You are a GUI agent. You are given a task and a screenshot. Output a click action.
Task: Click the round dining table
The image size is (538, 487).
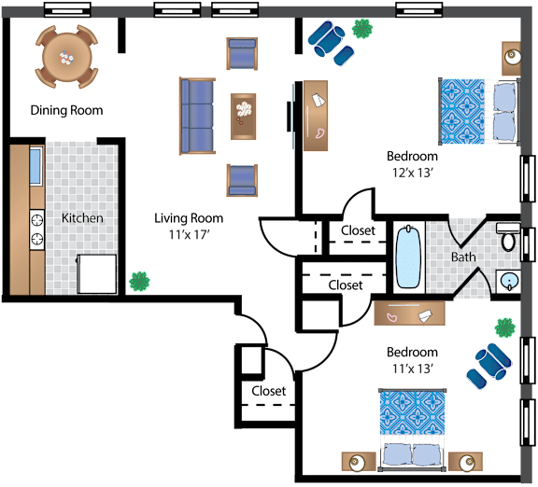67,57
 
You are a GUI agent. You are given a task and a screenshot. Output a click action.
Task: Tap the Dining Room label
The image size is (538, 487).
66,110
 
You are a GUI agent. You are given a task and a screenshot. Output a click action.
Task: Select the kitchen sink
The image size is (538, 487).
36,166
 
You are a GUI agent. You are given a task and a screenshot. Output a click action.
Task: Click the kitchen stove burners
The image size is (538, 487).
37,229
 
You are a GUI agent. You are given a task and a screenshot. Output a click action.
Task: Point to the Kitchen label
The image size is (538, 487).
82,218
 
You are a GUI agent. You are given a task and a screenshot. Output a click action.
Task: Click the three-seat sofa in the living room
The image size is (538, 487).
197,116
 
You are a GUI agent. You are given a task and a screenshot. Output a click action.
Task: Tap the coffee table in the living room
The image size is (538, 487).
243,117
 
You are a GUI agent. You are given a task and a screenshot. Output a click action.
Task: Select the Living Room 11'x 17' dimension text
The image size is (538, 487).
189,235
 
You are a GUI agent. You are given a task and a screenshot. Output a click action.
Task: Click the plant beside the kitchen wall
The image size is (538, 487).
139,282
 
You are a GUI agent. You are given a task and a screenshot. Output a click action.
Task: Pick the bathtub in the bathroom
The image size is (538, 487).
408,257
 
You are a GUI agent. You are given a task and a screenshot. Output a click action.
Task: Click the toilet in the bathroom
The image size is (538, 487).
508,237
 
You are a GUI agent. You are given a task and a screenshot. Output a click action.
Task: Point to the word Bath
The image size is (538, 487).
463,257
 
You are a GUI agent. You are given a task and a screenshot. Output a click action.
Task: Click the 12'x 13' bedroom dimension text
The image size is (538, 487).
412,173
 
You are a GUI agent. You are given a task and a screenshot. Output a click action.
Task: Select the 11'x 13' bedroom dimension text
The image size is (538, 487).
412,369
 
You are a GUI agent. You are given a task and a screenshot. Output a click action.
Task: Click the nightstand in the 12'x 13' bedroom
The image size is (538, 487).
511,59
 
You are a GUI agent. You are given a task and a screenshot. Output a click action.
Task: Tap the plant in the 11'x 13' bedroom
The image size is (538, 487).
505,328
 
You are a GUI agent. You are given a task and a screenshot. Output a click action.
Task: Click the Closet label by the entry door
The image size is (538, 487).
269,391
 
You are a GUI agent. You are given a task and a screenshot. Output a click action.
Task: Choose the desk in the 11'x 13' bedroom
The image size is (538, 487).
409,313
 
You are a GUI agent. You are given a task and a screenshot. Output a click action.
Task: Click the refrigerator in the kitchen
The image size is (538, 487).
97,274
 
